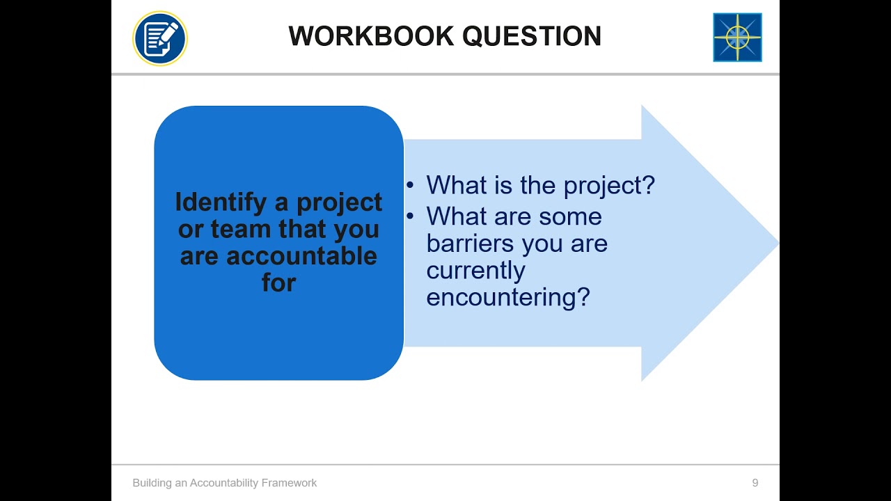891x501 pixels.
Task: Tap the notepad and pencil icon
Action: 160,38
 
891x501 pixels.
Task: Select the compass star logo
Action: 737,38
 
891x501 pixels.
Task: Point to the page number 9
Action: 755,483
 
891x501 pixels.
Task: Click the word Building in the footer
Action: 152,483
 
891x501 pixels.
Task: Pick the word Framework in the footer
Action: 290,483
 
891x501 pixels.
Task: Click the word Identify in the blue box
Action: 221,202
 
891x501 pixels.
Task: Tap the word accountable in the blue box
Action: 301,256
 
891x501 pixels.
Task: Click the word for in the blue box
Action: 278,283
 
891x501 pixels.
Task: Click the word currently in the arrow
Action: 475,270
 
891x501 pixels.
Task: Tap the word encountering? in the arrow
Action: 507,297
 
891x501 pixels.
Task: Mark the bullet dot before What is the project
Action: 411,186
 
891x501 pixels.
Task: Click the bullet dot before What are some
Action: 411,216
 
